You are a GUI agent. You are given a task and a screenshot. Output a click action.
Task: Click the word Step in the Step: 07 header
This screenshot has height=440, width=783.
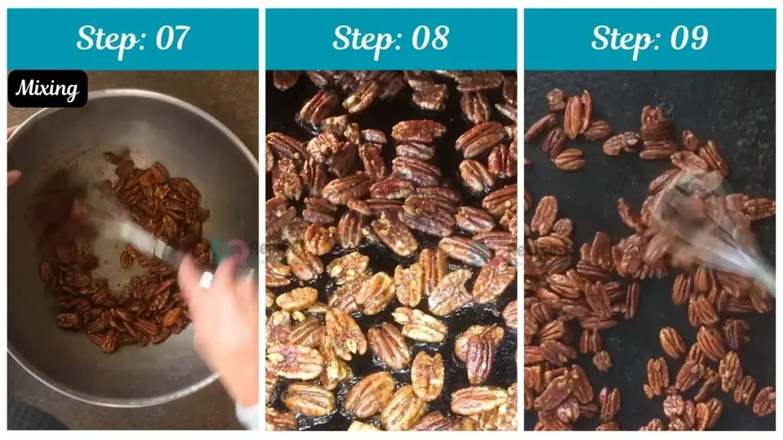(x=104, y=38)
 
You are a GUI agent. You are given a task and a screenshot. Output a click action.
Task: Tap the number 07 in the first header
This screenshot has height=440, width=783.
(x=169, y=38)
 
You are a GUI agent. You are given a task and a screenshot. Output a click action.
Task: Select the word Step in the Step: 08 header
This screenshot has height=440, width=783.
(x=360, y=38)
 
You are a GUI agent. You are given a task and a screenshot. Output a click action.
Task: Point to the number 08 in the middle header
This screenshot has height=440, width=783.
(x=428, y=38)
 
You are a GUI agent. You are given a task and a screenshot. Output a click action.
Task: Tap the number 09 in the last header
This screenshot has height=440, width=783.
(x=687, y=38)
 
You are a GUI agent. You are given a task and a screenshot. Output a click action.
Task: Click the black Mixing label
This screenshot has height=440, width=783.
(x=47, y=89)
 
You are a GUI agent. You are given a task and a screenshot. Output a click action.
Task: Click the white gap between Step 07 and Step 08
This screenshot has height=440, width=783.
(x=262, y=229)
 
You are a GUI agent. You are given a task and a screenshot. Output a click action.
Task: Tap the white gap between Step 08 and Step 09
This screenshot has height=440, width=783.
(x=520, y=229)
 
